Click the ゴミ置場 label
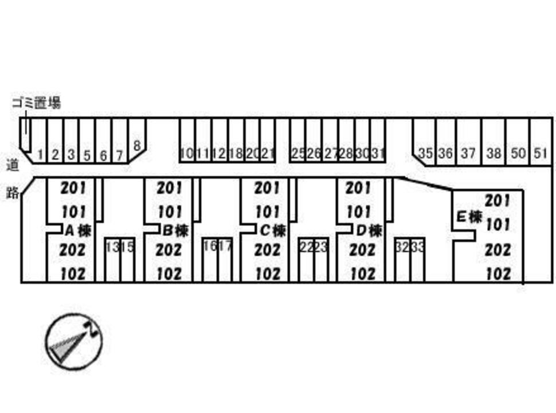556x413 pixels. tap(36, 103)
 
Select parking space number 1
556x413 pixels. tap(40, 154)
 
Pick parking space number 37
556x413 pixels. tap(468, 153)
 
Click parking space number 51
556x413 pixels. tap(540, 153)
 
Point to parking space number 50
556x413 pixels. tap(518, 153)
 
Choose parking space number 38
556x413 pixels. tap(494, 153)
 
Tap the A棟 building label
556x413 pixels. tap(77, 231)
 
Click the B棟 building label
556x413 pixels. tap(175, 231)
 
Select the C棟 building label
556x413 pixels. tap(272, 231)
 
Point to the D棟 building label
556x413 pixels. tap(369, 231)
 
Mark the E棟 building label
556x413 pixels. tap(469, 217)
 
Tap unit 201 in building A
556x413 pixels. tap(73, 188)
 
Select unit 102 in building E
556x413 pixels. tap(498, 274)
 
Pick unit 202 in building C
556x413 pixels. tap(267, 250)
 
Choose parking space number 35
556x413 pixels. tap(425, 153)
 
